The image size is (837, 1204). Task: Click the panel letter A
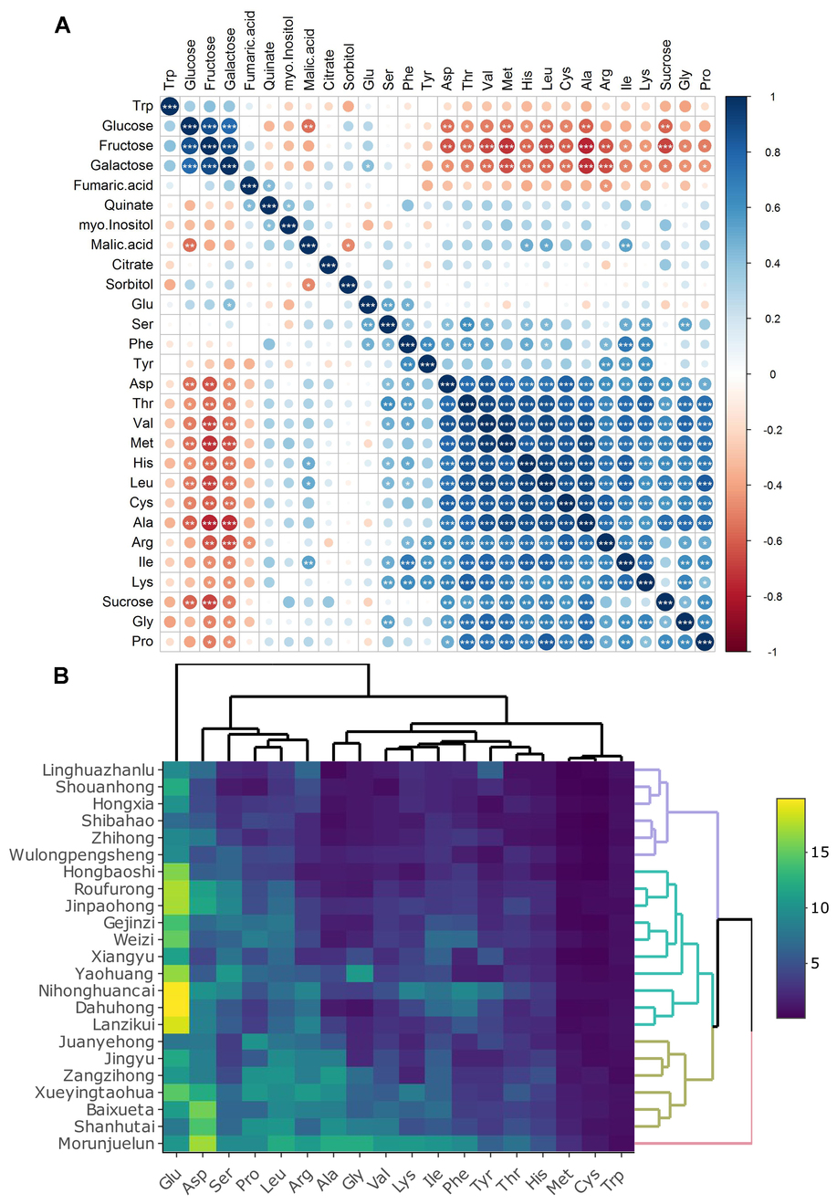[63, 25]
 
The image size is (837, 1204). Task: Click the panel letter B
[61, 676]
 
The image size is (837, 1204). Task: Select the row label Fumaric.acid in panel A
[113, 185]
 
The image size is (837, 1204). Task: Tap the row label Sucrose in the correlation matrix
[128, 602]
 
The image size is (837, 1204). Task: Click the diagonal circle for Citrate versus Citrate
[329, 265]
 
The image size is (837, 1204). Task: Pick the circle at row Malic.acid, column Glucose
[190, 245]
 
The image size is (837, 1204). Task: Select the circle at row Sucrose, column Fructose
[210, 602]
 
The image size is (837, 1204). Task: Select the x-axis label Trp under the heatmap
[613, 1181]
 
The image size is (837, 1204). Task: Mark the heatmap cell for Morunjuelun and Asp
[203, 1144]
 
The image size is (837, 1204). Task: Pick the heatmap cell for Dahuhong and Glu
[176, 1008]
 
